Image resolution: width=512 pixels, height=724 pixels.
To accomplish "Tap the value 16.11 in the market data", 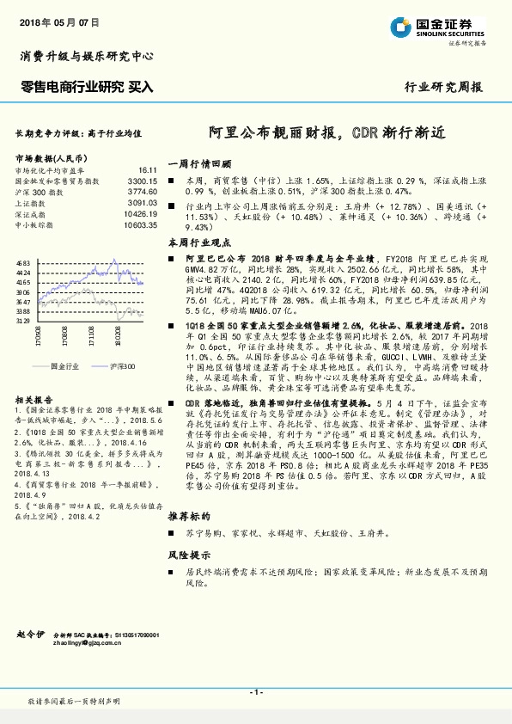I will (147, 172).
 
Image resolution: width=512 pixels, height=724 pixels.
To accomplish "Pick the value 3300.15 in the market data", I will (142, 182).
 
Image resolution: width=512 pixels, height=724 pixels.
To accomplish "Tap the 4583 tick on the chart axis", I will (23, 262).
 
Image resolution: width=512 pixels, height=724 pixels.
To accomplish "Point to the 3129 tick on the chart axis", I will (23, 320).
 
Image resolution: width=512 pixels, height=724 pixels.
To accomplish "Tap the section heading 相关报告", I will (32, 377).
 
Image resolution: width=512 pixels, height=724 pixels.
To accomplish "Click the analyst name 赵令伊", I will (29, 633).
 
